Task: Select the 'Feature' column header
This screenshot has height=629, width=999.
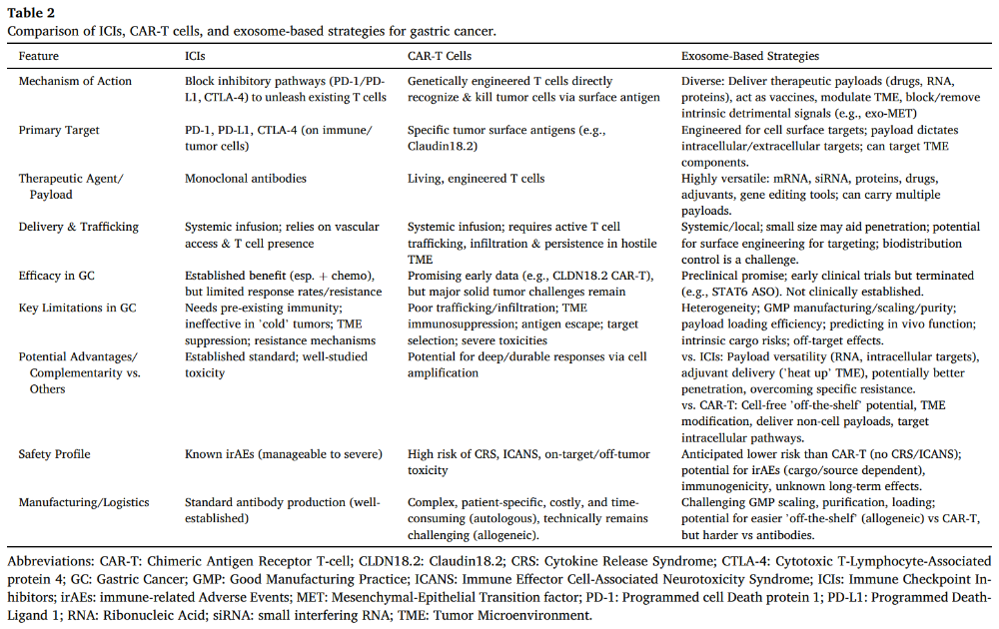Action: click(x=39, y=56)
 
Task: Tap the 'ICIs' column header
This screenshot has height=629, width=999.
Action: click(x=196, y=56)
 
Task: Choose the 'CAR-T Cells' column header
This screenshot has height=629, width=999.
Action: click(x=440, y=56)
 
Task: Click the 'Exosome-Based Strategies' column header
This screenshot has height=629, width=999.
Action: click(x=749, y=56)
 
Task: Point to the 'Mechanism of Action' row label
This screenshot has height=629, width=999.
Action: click(x=75, y=81)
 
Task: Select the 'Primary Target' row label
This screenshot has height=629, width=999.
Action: click(x=59, y=130)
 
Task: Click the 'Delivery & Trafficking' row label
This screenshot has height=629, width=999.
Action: click(x=79, y=227)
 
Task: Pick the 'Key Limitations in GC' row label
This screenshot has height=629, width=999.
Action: click(x=77, y=308)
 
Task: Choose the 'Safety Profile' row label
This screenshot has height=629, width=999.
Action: click(x=56, y=454)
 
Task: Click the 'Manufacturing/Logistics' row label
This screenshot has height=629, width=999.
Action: click(x=83, y=502)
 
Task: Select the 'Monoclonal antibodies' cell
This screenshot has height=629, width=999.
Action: click(x=245, y=179)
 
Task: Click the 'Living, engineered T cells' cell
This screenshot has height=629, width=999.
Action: click(x=476, y=179)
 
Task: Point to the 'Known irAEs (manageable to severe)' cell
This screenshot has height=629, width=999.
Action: click(x=283, y=454)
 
